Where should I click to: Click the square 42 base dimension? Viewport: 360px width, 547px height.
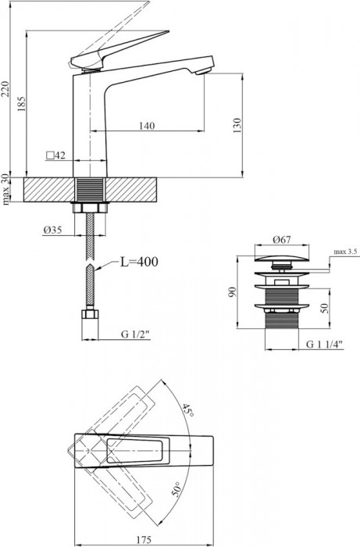coord(55,156)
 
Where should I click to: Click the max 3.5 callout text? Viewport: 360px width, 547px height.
coord(344,252)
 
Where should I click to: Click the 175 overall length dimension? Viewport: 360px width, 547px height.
coord(144,538)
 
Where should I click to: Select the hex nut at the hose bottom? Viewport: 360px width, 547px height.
coord(89,317)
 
